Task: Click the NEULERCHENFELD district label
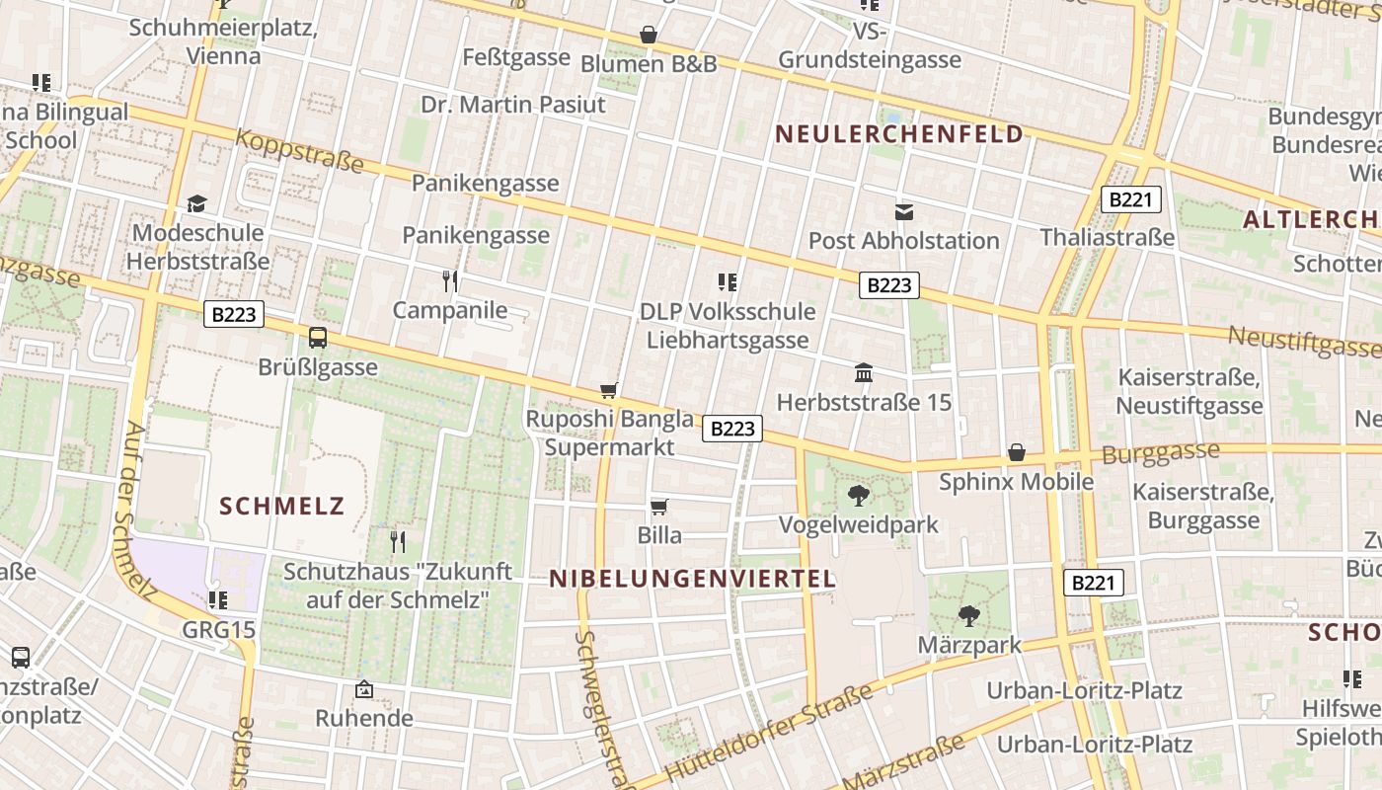pyautogui.click(x=898, y=134)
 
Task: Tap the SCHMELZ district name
pyautogui.click(x=281, y=507)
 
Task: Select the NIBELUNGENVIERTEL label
pyautogui.click(x=692, y=579)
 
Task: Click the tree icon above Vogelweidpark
pyautogui.click(x=859, y=496)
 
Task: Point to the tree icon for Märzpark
pyautogui.click(x=969, y=616)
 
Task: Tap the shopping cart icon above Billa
pyautogui.click(x=659, y=508)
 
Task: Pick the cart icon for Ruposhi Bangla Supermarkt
pyautogui.click(x=609, y=391)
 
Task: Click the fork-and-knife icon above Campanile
pyautogui.click(x=450, y=281)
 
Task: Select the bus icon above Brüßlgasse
pyautogui.click(x=318, y=338)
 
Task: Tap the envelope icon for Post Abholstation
pyautogui.click(x=903, y=211)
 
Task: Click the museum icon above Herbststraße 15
pyautogui.click(x=864, y=373)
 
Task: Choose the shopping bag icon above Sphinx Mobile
pyautogui.click(x=1017, y=452)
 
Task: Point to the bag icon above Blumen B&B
pyautogui.click(x=649, y=35)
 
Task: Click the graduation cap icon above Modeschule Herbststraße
pyautogui.click(x=197, y=204)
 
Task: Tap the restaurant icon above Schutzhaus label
pyautogui.click(x=397, y=541)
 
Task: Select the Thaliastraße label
pyautogui.click(x=1108, y=237)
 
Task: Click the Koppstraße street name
pyautogui.click(x=299, y=151)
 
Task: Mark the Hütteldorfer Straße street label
pyautogui.click(x=770, y=732)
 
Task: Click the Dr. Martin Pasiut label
pyautogui.click(x=513, y=105)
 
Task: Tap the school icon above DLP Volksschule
pyautogui.click(x=728, y=283)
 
